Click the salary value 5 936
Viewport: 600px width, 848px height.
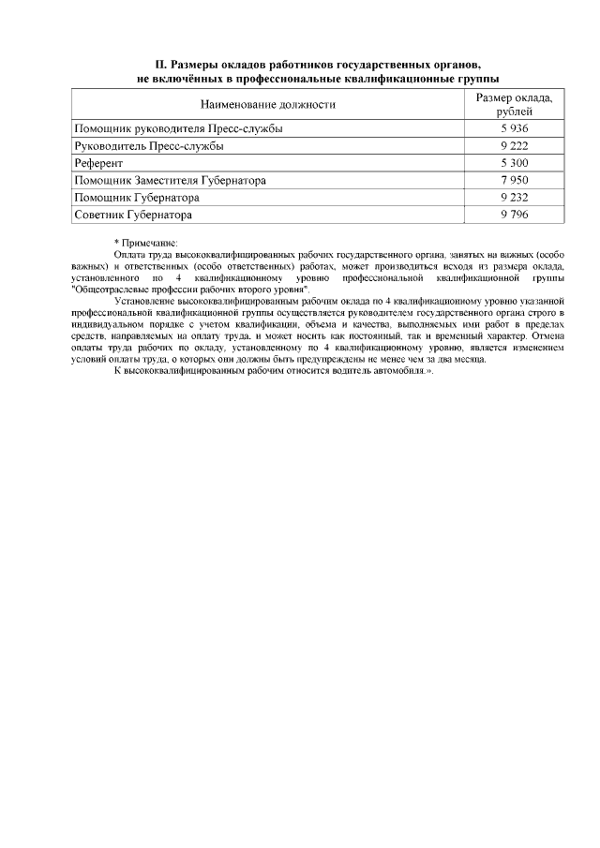click(515, 128)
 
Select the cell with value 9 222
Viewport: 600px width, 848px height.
click(515, 145)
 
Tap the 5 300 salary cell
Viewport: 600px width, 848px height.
click(515, 163)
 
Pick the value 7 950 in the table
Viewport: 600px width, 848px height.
click(515, 180)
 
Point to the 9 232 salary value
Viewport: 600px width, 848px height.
click(515, 198)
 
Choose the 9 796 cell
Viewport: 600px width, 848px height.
click(515, 215)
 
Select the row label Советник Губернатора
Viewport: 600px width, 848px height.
click(133, 215)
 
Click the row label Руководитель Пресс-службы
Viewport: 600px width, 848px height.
click(148, 145)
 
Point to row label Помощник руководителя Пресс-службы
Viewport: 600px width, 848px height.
click(178, 128)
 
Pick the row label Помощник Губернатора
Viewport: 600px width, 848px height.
click(137, 198)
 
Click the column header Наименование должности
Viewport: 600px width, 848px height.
click(268, 105)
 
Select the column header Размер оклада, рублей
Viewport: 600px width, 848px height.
click(515, 105)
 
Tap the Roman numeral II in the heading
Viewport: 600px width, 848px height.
click(160, 65)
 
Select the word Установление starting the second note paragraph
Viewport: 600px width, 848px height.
click(143, 301)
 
